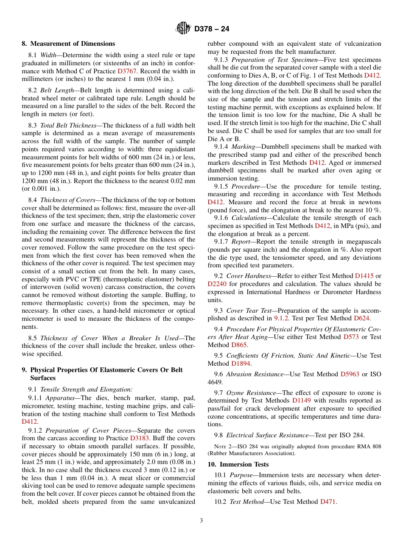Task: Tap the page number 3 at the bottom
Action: tap(201, 521)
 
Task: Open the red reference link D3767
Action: tap(127, 71)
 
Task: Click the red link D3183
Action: tap(139, 438)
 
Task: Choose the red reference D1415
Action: tap(364, 276)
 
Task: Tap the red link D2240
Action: tap(217, 284)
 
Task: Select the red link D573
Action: tap(352, 337)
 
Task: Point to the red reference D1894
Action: tap(241, 364)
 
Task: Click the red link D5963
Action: tap(350, 374)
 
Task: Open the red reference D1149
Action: tap(301, 400)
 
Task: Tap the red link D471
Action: tap(328, 502)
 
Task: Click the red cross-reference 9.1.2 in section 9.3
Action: tap(281, 318)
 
